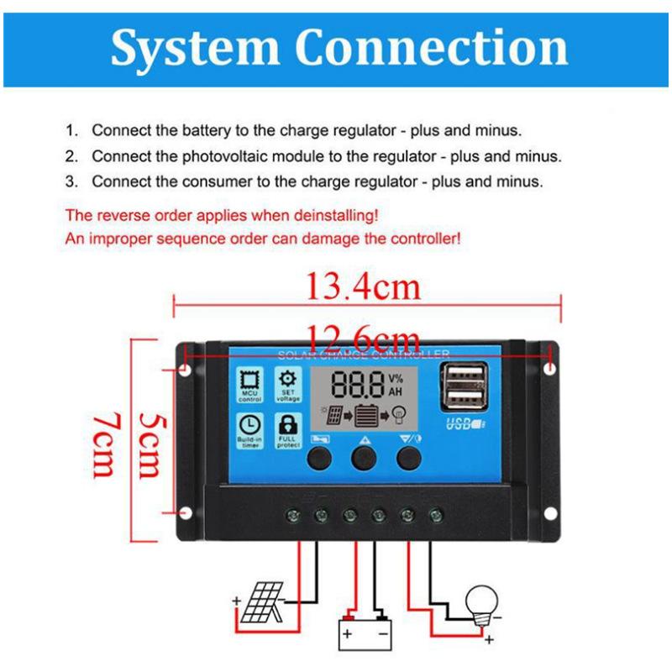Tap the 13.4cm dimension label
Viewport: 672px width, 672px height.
click(361, 288)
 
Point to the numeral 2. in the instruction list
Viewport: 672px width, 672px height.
click(72, 156)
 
